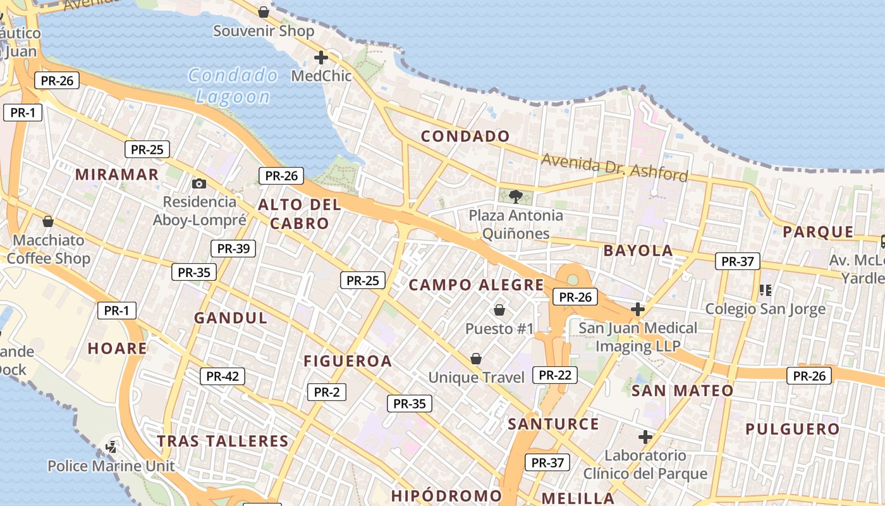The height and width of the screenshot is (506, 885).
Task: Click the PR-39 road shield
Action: [x=233, y=249]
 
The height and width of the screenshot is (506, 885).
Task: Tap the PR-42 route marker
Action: [x=223, y=376]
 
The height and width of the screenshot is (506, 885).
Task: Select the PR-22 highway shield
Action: [x=555, y=375]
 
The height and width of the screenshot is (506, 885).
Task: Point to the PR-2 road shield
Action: [x=327, y=392]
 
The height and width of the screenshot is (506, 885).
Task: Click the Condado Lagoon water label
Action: [x=233, y=87]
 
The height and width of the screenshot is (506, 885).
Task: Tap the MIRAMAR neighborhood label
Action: [x=117, y=175]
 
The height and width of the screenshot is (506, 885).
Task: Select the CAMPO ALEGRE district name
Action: [x=476, y=285]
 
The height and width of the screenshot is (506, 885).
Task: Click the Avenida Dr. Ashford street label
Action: [x=614, y=167]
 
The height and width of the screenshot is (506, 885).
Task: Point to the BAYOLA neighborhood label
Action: [x=638, y=250]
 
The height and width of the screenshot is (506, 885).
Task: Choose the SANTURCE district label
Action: [x=553, y=424]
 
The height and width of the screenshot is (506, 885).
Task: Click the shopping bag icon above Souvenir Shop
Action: [x=264, y=12]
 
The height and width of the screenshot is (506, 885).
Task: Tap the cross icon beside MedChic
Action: [x=320, y=58]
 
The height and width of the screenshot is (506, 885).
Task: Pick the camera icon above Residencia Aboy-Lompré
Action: [x=199, y=183]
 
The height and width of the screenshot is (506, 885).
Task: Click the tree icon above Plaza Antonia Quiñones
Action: [x=516, y=196]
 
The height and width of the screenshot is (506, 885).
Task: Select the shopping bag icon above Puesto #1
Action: [x=499, y=310]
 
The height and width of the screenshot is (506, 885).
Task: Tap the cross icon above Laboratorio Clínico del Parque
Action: [x=645, y=437]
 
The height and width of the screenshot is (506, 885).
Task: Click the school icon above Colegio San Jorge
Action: [x=765, y=290]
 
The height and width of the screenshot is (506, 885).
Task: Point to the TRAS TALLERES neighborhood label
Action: [x=223, y=441]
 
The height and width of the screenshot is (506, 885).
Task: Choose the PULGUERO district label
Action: [x=792, y=429]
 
